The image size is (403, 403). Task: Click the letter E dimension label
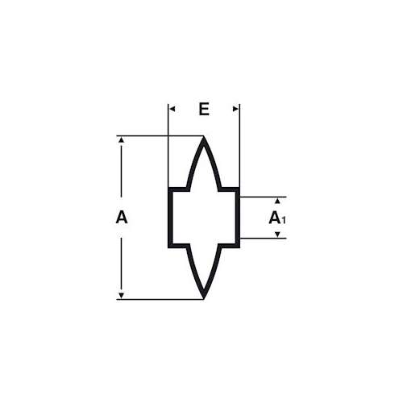point(204,109)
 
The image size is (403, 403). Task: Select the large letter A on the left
point(122,218)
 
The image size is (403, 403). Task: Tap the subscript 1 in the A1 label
point(284,220)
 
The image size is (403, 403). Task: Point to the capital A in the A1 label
point(275,218)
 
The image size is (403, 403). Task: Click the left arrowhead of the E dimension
point(172,109)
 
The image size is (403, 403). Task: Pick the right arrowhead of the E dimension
point(235,109)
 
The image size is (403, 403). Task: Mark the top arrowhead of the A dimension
point(122,139)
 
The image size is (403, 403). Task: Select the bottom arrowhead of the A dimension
point(122,296)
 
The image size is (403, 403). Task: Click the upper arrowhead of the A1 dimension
point(277,201)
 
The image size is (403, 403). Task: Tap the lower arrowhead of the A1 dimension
point(277,235)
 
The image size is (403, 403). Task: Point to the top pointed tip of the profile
point(204,137)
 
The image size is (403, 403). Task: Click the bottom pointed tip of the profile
point(204,298)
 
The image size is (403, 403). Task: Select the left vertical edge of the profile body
point(170,218)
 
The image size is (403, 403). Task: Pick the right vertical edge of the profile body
point(238,218)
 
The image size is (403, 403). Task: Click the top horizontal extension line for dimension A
point(160,136)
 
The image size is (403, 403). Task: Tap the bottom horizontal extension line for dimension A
point(160,299)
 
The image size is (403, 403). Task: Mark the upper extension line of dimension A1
point(263,197)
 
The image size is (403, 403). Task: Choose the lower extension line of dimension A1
point(263,239)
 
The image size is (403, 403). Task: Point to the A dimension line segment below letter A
point(122,265)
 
